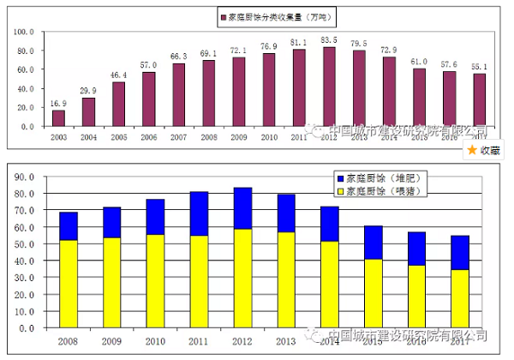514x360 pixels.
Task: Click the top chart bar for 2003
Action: [58, 118]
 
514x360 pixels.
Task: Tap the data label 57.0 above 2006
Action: [148, 65]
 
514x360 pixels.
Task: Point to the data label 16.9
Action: [58, 103]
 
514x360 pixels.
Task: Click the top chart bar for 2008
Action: [209, 93]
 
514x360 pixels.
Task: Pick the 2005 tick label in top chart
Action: [118, 137]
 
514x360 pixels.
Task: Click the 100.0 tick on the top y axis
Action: [23, 32]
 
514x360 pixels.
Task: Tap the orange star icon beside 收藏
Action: [470, 149]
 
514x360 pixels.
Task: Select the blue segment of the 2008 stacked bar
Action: [69, 226]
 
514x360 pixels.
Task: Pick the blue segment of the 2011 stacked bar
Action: [200, 213]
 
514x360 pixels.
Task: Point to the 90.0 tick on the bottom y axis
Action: [23, 177]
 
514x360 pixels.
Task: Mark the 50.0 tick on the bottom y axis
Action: [23, 243]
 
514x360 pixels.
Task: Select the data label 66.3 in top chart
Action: [178, 57]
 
